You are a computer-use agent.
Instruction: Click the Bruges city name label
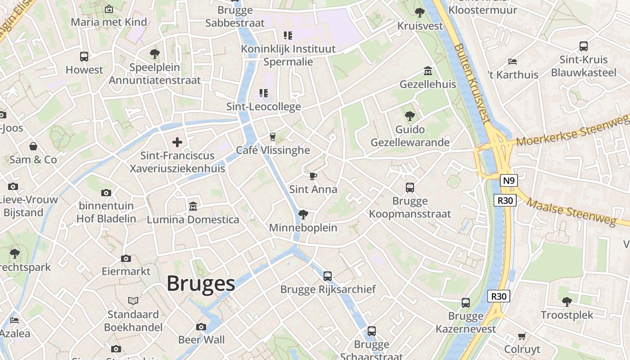click(201, 283)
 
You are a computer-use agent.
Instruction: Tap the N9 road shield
click(508, 181)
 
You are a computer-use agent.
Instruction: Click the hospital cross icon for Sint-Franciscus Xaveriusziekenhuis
click(177, 143)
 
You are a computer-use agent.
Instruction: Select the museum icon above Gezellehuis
click(427, 71)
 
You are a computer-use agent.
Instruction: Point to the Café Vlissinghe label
click(273, 150)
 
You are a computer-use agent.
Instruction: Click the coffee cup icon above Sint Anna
click(313, 176)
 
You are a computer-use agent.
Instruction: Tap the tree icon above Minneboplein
click(303, 214)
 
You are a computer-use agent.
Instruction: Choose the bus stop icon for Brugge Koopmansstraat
click(409, 188)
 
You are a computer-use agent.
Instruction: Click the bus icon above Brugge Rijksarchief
click(328, 276)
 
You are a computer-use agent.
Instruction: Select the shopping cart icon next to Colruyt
click(522, 336)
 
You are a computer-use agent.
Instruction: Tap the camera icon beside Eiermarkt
click(126, 258)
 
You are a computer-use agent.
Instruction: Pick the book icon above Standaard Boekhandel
click(133, 301)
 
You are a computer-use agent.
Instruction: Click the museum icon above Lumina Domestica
click(193, 207)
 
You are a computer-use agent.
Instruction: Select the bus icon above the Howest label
click(84, 57)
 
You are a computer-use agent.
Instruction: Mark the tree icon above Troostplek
click(567, 301)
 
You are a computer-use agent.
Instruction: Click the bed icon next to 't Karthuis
click(512, 62)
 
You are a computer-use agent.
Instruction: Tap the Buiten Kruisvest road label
click(471, 83)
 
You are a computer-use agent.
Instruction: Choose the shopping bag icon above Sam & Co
click(33, 146)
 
